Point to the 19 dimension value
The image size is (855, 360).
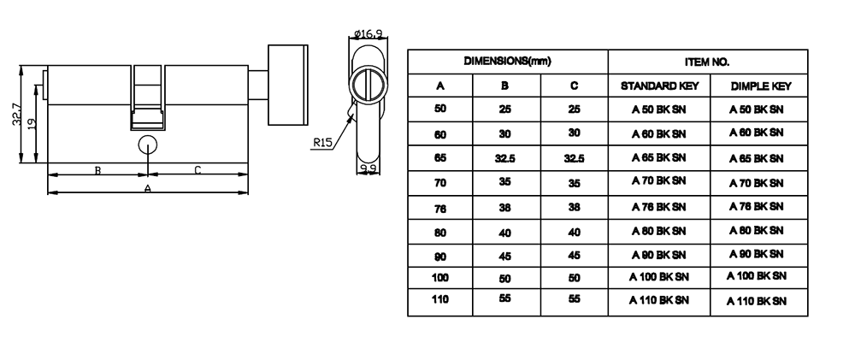tap(32, 124)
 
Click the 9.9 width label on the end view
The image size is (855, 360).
tap(369, 168)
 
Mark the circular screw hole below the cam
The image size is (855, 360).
tap(148, 143)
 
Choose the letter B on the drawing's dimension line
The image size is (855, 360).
tap(98, 170)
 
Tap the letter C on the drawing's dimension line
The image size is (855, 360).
tap(198, 170)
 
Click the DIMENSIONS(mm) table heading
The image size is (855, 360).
tap(507, 62)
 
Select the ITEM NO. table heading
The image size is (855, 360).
tap(707, 62)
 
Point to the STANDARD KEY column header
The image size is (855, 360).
tap(659, 86)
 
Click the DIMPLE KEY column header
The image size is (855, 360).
tap(756, 86)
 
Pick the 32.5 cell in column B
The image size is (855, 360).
tap(505, 159)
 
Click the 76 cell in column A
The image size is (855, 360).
tap(440, 208)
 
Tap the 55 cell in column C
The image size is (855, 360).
tap(574, 299)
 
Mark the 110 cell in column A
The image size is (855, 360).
tap(440, 299)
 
